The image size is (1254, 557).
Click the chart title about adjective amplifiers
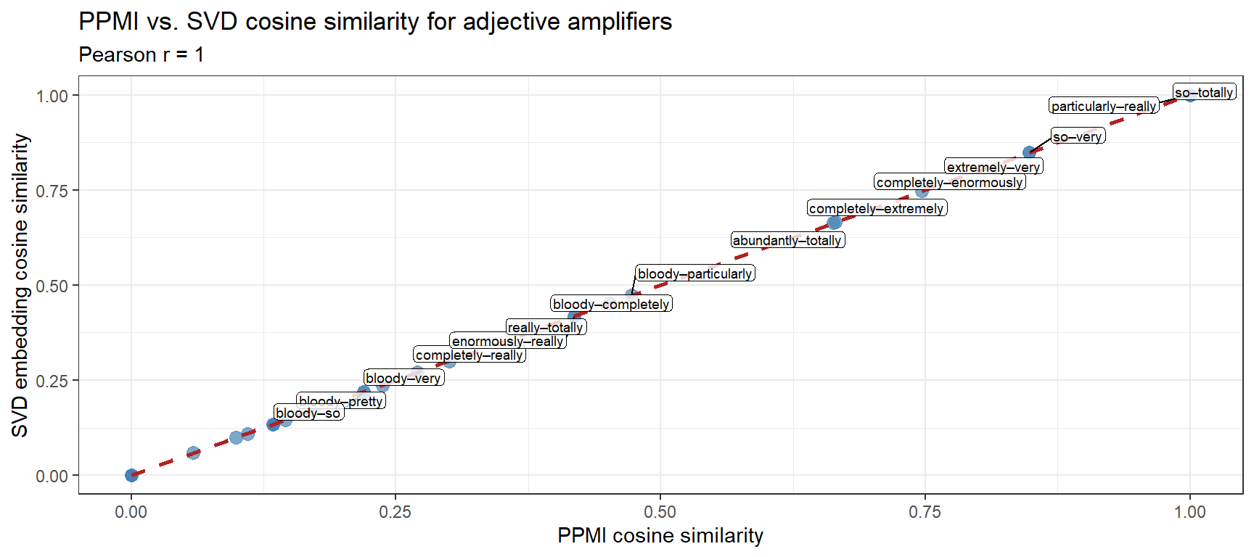[x=375, y=22]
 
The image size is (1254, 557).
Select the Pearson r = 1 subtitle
[x=142, y=55]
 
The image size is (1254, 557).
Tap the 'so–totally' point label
[x=1204, y=92]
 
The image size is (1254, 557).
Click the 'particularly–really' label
[x=1103, y=106]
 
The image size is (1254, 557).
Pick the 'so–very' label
[x=1078, y=136]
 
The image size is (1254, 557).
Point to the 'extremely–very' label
[x=993, y=167]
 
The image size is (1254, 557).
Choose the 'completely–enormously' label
[x=949, y=182]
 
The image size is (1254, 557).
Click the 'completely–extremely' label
[x=877, y=208]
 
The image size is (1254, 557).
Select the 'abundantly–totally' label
[x=787, y=240]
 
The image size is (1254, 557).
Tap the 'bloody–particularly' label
[x=694, y=273]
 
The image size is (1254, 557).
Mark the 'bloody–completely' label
[x=611, y=304]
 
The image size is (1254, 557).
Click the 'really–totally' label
[x=546, y=327]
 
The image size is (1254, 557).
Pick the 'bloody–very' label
[x=403, y=378]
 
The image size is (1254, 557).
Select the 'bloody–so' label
[x=308, y=413]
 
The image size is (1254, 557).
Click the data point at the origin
[x=131, y=475]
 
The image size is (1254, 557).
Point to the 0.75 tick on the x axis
[x=925, y=512]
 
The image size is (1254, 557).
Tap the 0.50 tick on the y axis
[x=52, y=286]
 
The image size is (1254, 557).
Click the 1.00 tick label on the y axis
[x=52, y=96]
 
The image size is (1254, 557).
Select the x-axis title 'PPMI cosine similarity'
[x=660, y=535]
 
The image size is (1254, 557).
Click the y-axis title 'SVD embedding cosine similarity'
[x=20, y=285]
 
